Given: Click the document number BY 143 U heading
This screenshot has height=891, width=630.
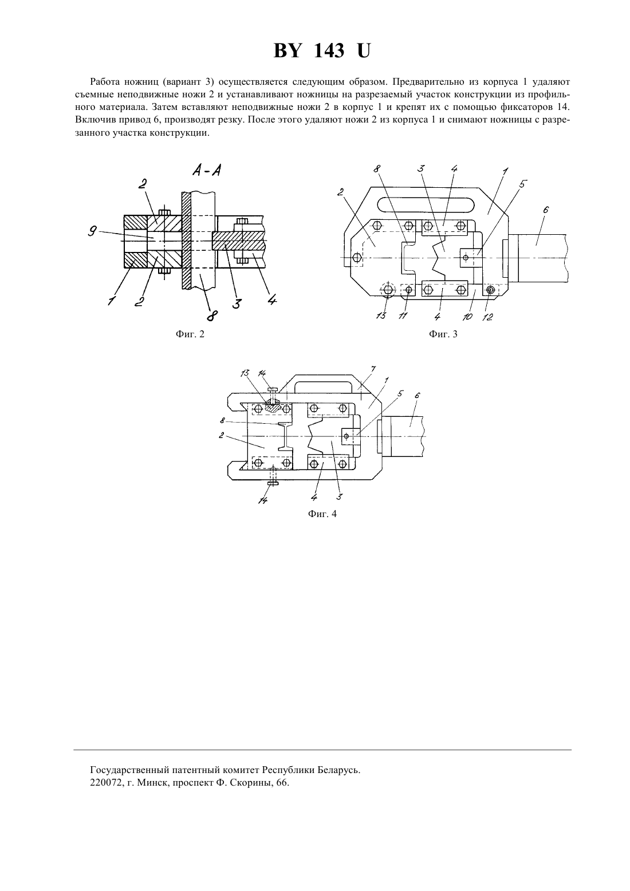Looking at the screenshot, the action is pos(322,51).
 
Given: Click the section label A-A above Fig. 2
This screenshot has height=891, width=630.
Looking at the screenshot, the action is pos(207,171).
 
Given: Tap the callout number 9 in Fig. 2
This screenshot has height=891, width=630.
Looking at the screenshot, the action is pos(92,231).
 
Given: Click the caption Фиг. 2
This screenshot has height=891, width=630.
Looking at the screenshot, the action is pos(190,334).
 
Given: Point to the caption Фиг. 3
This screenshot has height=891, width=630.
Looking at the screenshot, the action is pos(443,334).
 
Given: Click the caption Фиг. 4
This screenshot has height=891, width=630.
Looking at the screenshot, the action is pos(322,514).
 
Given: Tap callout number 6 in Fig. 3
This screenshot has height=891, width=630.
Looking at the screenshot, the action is pos(546,210).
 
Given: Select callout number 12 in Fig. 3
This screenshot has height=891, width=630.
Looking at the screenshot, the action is pos(487,317).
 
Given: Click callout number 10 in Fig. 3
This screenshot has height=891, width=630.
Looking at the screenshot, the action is pos(467,317).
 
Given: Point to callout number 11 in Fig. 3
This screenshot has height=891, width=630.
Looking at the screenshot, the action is pos(403,316).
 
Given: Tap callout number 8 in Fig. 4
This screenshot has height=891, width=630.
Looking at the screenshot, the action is pos(222,420).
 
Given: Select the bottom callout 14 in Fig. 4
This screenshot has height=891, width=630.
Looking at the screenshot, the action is pos(263,500).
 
